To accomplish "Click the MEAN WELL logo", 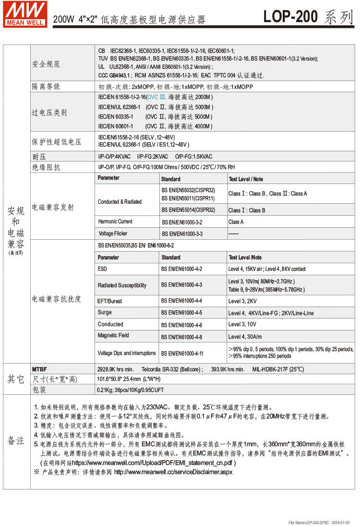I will pyautogui.click(x=25, y=14).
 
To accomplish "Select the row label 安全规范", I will pyautogui.click(x=46, y=64).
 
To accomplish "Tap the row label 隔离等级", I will pyautogui.click(x=46, y=86).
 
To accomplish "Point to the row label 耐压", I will pyautogui.click(x=39, y=156).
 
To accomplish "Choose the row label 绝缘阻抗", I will pyautogui.click(x=46, y=167).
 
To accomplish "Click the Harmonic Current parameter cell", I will pyautogui.click(x=115, y=221).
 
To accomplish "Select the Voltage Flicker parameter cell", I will pyautogui.click(x=113, y=233).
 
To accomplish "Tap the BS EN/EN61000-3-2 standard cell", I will pyautogui.click(x=182, y=222).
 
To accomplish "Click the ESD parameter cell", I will pyautogui.click(x=103, y=269).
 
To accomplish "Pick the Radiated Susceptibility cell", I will pyautogui.click(x=122, y=285).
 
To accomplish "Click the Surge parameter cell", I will pyautogui.click(x=105, y=312).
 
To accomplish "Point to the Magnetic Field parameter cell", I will pyautogui.click(x=113, y=335).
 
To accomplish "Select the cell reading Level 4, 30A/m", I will pyautogui.click(x=245, y=337).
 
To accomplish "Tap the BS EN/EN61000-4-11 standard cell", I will pyautogui.click(x=182, y=353).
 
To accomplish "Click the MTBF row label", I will pyautogui.click(x=39, y=369).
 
